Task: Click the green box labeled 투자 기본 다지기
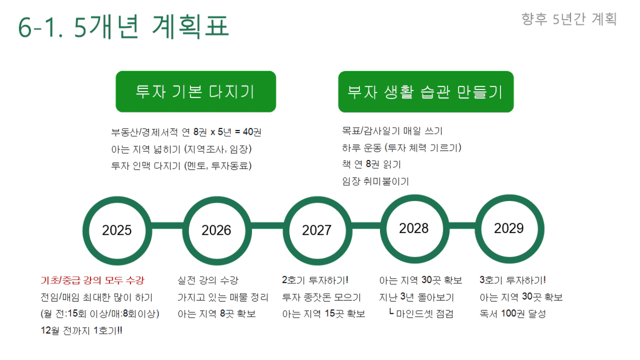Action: [x=196, y=92]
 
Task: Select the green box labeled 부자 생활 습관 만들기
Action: [x=426, y=92]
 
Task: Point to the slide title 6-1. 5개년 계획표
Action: [x=124, y=26]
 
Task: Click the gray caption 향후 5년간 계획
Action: [x=569, y=19]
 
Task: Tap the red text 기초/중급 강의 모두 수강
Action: [x=92, y=281]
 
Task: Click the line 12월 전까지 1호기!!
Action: [x=82, y=331]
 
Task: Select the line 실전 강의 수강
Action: [x=208, y=281]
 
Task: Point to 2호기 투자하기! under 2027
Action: [x=315, y=280]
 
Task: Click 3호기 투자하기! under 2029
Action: [x=513, y=280]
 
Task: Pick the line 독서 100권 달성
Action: [x=513, y=314]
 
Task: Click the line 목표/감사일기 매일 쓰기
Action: [x=392, y=131]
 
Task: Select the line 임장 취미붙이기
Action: [x=375, y=181]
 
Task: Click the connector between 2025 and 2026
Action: [x=167, y=226]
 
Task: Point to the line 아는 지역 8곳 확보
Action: [x=216, y=314]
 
